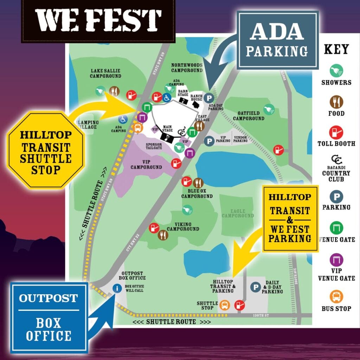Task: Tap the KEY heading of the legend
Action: coord(336,49)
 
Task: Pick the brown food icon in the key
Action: coord(336,102)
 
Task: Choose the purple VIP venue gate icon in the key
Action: coord(336,260)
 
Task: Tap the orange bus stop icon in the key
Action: coord(336,296)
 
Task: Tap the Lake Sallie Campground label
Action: coord(105,73)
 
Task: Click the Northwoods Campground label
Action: coord(187,67)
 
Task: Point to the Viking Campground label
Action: coord(183,227)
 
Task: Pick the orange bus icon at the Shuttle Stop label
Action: coord(224,305)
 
